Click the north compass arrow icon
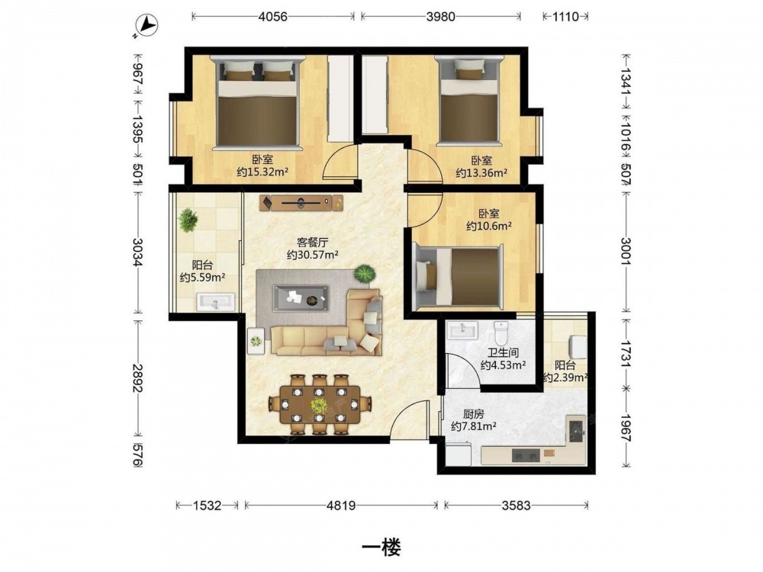click(146, 24)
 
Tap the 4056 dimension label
click(273, 17)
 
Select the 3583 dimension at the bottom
click(516, 506)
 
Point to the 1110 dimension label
click(565, 17)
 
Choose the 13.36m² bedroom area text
click(481, 172)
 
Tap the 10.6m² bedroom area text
click(488, 226)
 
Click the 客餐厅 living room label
click(312, 242)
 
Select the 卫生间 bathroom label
click(503, 352)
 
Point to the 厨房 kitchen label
click(473, 414)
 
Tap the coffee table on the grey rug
click(301, 298)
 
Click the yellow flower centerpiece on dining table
click(319, 405)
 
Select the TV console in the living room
click(301, 203)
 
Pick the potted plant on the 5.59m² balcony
click(188, 220)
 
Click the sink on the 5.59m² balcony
click(216, 302)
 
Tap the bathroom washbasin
click(463, 330)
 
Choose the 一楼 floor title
click(381, 548)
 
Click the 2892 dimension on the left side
click(137, 378)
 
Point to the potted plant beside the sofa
click(365, 273)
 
